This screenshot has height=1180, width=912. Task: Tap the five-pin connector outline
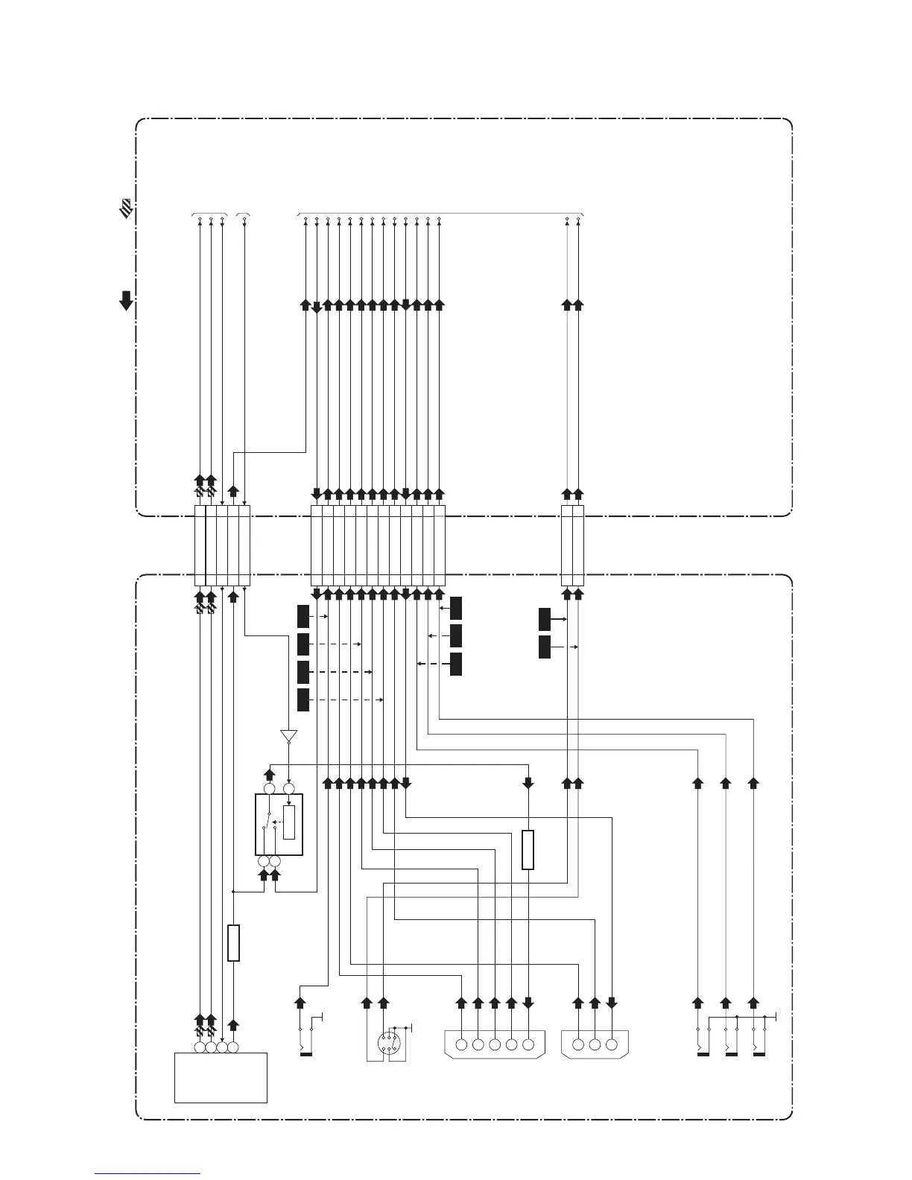pyautogui.click(x=495, y=1044)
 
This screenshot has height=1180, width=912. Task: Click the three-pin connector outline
pyautogui.click(x=594, y=1044)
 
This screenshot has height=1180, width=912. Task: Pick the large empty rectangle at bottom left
pyautogui.click(x=221, y=1077)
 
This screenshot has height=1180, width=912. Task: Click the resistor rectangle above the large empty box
pyautogui.click(x=233, y=942)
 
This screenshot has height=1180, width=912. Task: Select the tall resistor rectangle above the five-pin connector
pyautogui.click(x=528, y=849)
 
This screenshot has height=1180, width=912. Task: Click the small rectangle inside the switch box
pyautogui.click(x=289, y=822)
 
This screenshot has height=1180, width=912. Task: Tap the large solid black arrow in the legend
pyautogui.click(x=127, y=300)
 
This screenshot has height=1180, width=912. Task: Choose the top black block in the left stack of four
pyautogui.click(x=303, y=617)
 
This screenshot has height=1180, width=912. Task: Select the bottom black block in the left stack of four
pyautogui.click(x=303, y=700)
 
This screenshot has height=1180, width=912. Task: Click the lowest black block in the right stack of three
pyautogui.click(x=456, y=664)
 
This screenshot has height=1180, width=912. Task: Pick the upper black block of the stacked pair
pyautogui.click(x=545, y=619)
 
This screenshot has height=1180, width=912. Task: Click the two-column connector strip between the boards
pyautogui.click(x=572, y=545)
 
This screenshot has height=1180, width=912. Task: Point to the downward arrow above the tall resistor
pyautogui.click(x=528, y=783)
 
